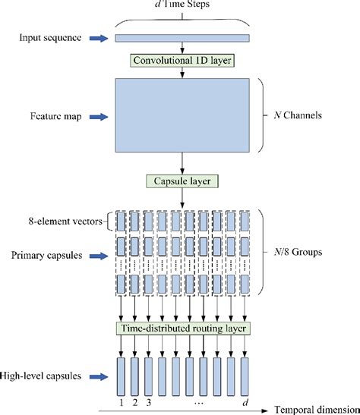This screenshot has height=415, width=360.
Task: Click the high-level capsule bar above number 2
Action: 134,371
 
